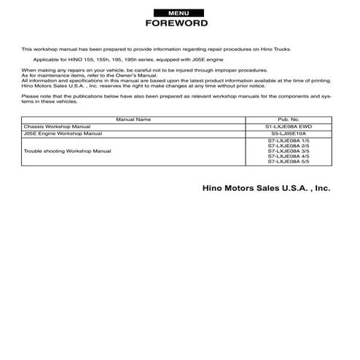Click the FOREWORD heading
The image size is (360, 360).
click(176, 23)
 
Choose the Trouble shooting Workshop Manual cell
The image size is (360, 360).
click(67, 151)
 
